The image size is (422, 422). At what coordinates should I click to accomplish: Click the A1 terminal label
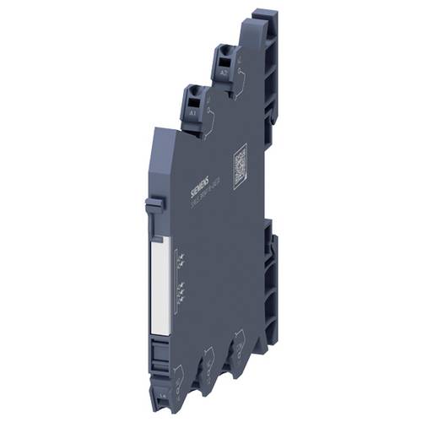click(192, 110)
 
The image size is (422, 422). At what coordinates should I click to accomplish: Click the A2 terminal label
click(223, 73)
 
